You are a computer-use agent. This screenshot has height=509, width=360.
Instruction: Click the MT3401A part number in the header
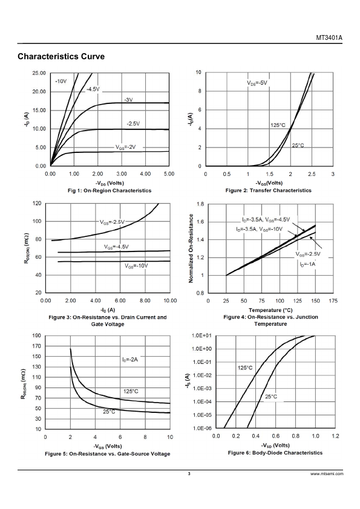point(329,37)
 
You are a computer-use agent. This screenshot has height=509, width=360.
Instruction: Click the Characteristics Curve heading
point(61,56)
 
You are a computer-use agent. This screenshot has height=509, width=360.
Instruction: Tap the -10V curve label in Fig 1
point(61,81)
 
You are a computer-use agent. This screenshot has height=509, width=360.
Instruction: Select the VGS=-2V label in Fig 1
point(125,147)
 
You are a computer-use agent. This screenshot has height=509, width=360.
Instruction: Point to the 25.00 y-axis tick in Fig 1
point(39,73)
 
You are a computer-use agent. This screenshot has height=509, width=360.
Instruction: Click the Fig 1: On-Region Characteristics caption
point(110,190)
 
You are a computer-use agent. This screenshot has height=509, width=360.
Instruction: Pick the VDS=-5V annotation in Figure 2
point(257,83)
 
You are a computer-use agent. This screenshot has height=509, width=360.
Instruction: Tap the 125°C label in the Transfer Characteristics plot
point(278,125)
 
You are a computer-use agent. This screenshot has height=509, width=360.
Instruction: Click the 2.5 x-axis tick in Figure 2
point(312,174)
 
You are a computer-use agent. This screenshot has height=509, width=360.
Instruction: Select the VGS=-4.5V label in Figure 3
point(116,247)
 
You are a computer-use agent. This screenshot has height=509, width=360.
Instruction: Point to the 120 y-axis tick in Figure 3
point(38,204)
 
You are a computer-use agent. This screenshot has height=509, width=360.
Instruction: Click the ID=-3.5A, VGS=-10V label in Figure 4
point(260,229)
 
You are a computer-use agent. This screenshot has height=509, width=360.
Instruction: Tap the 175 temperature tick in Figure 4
point(333,301)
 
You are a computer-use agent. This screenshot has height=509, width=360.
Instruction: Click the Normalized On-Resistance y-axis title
point(191,248)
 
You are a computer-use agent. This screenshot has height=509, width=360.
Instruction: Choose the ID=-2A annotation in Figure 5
point(130,360)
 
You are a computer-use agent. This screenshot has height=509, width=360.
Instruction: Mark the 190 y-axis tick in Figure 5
point(38,336)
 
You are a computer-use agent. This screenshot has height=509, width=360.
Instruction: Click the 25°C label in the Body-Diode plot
point(271,397)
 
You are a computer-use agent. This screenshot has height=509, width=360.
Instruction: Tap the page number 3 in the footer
point(189,474)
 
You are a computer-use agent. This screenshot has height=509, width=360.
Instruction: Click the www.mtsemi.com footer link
point(327,474)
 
